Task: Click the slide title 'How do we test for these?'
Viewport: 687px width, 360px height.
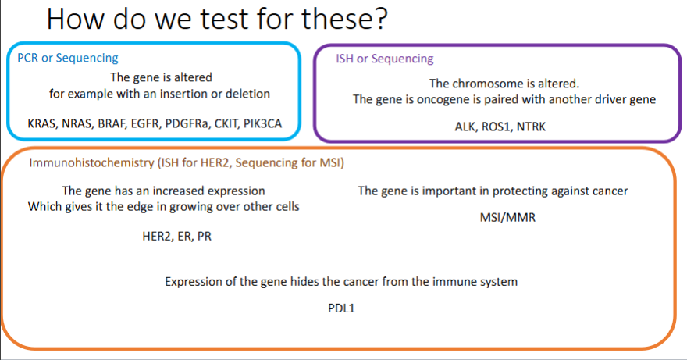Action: (x=217, y=19)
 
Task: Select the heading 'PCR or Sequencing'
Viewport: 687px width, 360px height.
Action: (x=68, y=58)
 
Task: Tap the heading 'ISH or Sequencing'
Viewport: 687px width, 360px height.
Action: (x=384, y=59)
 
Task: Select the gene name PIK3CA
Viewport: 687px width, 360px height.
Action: (x=266, y=123)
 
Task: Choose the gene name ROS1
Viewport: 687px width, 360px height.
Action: (x=500, y=126)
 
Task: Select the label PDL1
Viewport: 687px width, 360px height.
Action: (x=342, y=308)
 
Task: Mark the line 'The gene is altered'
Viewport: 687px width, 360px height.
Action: (x=161, y=77)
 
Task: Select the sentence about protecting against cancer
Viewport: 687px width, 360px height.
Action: (x=493, y=191)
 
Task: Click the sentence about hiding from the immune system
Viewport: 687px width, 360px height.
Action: (x=341, y=281)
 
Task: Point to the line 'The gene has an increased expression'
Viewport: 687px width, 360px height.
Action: (x=163, y=191)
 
